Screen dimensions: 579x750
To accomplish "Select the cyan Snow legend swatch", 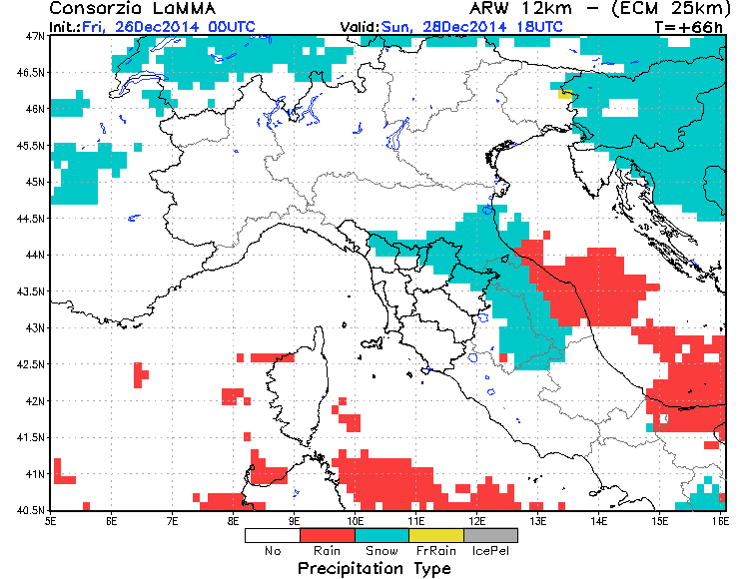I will (382, 535).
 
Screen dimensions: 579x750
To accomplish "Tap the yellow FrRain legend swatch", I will (437, 535).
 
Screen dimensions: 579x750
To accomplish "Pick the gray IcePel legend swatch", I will (491, 535).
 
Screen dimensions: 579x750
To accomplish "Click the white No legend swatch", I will (273, 535).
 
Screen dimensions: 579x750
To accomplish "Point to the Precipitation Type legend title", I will (382, 568).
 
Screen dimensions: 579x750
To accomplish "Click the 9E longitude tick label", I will (295, 520).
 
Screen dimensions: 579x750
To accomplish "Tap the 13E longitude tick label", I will (538, 520).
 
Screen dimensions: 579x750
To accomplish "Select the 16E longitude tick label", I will (720, 520).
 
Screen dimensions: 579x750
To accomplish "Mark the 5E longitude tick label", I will (51, 520).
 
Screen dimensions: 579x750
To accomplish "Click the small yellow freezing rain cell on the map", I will (567, 93).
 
